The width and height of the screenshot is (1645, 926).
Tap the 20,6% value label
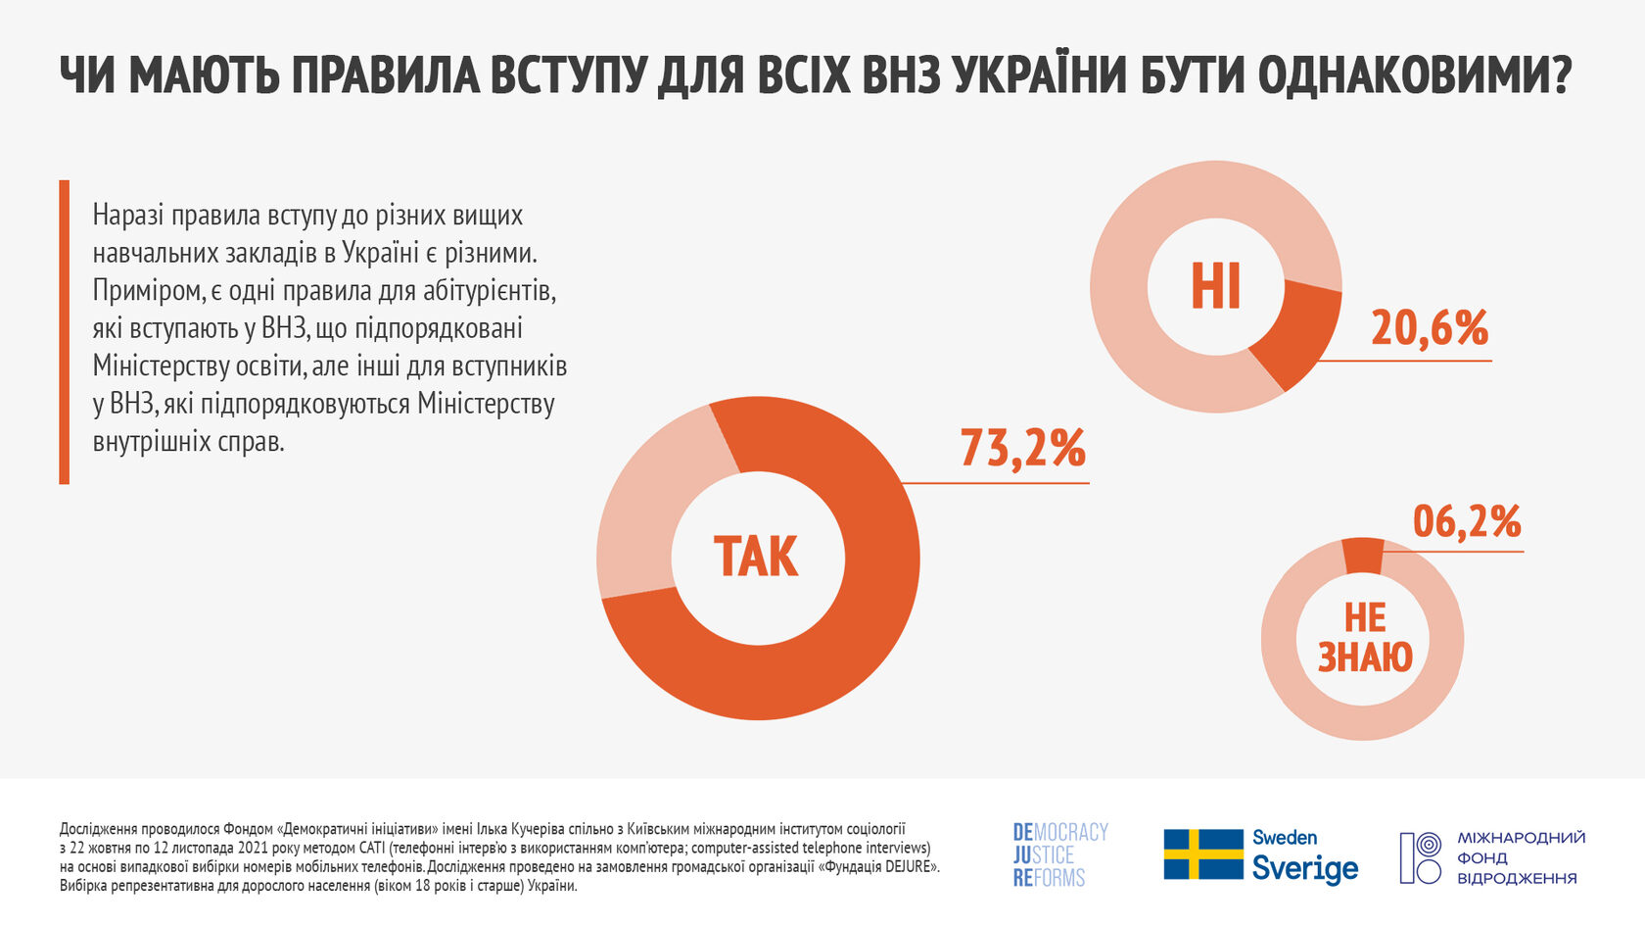click(x=1430, y=327)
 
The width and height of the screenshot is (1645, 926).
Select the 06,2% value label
click(x=1467, y=521)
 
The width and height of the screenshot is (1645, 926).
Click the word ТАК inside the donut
click(x=756, y=557)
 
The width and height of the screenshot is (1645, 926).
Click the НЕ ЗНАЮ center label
click(x=1365, y=638)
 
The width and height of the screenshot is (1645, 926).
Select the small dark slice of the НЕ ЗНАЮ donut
click(x=1363, y=556)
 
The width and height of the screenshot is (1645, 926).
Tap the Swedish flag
click(x=1202, y=854)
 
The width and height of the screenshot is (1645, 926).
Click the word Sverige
click(x=1305, y=868)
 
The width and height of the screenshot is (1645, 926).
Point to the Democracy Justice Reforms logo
click(x=1059, y=854)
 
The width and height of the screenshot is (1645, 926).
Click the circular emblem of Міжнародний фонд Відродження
click(x=1420, y=857)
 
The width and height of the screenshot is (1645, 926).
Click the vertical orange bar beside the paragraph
click(x=64, y=332)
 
